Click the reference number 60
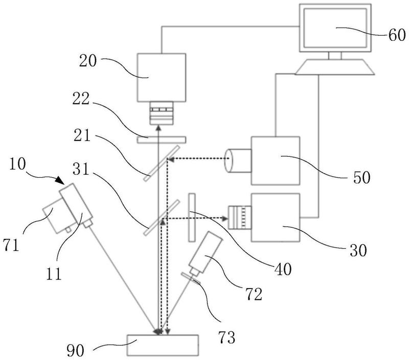[397, 35]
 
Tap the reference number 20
[88, 61]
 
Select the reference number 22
[81, 99]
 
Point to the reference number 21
[82, 135]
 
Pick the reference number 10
[18, 164]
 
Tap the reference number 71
[11, 245]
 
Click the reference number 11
[54, 274]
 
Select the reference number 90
[76, 350]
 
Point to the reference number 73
[226, 338]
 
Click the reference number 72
[254, 294]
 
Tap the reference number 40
[283, 269]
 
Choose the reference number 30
[358, 250]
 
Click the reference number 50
[362, 177]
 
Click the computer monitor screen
[335, 28]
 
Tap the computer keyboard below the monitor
[335, 67]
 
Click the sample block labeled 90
[163, 345]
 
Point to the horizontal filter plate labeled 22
[161, 139]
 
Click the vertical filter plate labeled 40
[192, 218]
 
